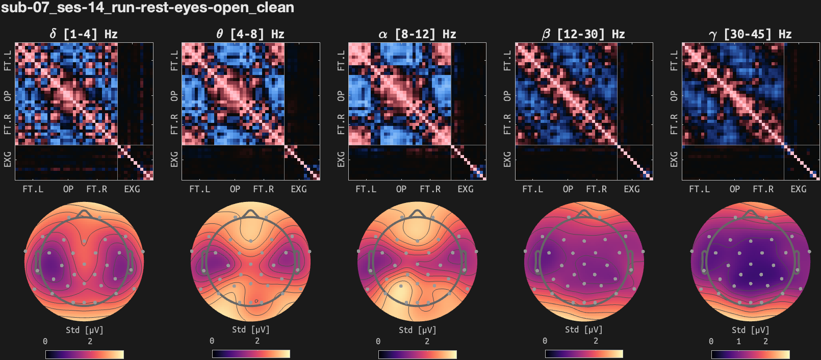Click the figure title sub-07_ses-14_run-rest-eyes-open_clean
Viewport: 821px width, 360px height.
pyautogui.click(x=147, y=8)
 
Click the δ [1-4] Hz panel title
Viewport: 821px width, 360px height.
pyautogui.click(x=84, y=34)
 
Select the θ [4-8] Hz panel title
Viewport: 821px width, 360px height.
pyautogui.click(x=250, y=34)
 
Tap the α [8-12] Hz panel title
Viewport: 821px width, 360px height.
pyautogui.click(x=417, y=34)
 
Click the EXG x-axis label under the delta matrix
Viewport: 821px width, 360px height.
pyautogui.click(x=132, y=189)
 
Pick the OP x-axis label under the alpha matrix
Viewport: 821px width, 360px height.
pyautogui.click(x=401, y=189)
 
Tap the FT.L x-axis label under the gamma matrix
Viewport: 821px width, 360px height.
pyautogui.click(x=699, y=189)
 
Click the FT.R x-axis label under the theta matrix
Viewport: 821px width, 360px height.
pyautogui.click(x=263, y=189)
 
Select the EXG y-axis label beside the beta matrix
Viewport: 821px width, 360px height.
pyautogui.click(x=507, y=159)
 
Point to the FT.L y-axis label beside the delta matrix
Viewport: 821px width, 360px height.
pyautogui.click(x=8, y=60)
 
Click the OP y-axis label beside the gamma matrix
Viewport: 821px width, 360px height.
pyautogui.click(x=674, y=96)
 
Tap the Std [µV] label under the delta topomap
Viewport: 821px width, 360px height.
pyautogui.click(x=84, y=330)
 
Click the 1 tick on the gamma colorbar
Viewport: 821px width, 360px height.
pyautogui.click(x=738, y=341)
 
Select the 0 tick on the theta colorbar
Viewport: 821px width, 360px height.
pyautogui.click(x=212, y=341)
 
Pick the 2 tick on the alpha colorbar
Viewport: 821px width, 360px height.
pyautogui.click(x=427, y=341)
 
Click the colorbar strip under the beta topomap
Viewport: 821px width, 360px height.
pyautogui.click(x=584, y=354)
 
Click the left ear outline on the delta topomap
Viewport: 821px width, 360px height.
pyautogui.click(x=37, y=262)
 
